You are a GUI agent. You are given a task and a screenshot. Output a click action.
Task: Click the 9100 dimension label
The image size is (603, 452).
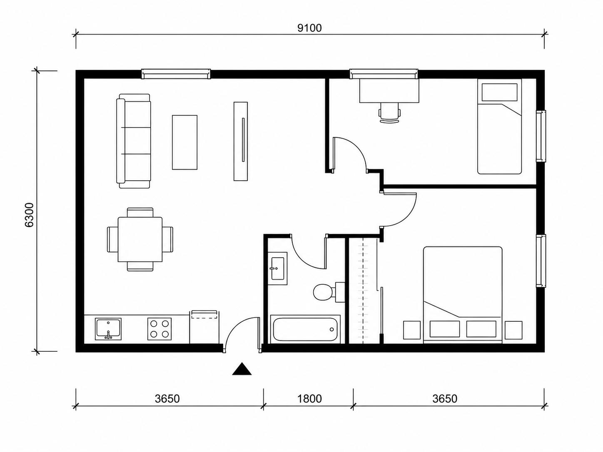tap(309, 28)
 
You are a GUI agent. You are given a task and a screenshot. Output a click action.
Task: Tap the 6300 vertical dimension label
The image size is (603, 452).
tap(29, 215)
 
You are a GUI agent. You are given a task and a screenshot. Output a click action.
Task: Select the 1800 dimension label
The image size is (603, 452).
tap(309, 399)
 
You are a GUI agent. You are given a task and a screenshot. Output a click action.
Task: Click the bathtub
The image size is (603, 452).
tap(305, 329)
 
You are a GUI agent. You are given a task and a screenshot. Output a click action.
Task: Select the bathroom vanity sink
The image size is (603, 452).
tap(277, 268)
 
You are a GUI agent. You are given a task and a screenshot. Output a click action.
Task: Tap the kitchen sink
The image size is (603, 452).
tap(108, 329)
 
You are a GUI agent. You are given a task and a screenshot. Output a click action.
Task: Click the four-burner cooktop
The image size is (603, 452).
tap(159, 329)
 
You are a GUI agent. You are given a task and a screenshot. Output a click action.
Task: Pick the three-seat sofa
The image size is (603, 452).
tap(134, 141)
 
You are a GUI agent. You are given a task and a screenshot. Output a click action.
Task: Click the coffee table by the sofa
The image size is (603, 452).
tap(184, 142)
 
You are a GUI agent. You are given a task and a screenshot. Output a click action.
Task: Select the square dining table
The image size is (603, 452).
tap(140, 239)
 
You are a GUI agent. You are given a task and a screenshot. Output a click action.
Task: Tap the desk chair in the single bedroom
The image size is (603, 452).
tap(389, 112)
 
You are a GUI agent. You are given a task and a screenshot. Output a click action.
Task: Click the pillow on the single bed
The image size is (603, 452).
tap(500, 92)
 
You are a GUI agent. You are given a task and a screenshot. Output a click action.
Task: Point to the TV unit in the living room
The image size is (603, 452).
tap(241, 142)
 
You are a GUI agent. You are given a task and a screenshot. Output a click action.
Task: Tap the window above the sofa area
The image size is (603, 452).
tap(176, 74)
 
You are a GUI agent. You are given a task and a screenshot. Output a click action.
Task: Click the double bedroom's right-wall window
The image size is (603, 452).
tap(541, 261)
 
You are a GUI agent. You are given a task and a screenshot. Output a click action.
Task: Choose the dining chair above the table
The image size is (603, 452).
tap(140, 212)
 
